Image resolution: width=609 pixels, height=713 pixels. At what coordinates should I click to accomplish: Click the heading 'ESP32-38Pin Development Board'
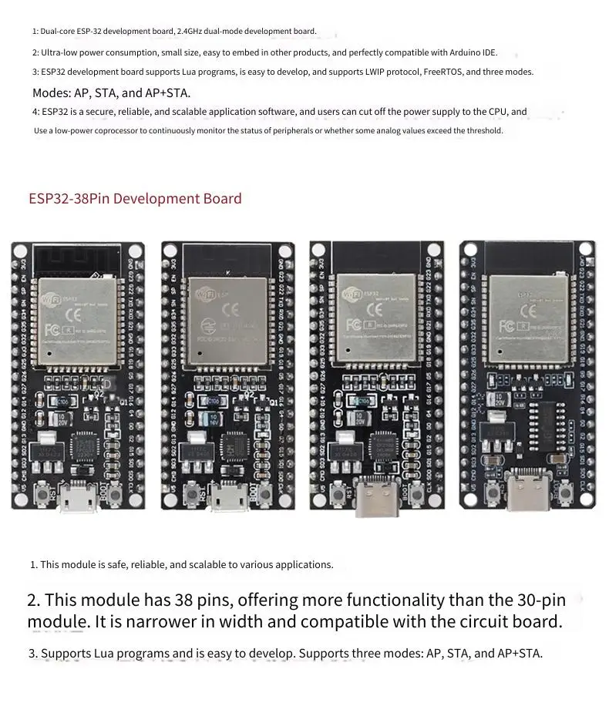[135, 199]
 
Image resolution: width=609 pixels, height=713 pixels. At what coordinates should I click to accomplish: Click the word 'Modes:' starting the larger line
[51, 93]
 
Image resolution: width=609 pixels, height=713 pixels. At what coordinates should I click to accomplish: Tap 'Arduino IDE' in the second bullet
[469, 53]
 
